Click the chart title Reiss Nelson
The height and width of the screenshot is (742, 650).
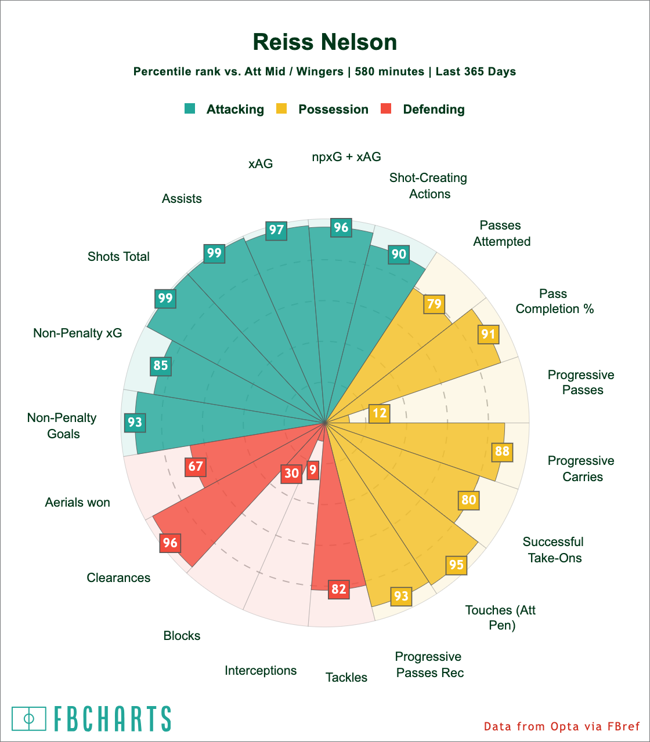[325, 43]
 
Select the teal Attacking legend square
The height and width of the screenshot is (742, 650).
[190, 108]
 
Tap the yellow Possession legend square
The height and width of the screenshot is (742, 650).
[281, 108]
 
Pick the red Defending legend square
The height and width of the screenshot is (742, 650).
[386, 108]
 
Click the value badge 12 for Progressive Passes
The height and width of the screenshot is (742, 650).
[379, 413]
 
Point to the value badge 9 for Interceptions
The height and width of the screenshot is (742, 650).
[313, 470]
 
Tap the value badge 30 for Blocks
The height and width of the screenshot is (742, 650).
[291, 473]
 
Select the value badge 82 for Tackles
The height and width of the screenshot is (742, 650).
[338, 590]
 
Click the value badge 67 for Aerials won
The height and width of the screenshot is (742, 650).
[196, 467]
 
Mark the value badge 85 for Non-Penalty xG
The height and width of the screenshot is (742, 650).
[161, 365]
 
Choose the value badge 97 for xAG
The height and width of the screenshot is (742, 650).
[276, 230]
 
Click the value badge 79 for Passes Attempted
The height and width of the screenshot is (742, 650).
[434, 304]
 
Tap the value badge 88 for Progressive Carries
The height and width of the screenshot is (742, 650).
[503, 452]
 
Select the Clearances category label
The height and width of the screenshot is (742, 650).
[118, 578]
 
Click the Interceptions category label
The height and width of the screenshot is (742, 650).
[261, 671]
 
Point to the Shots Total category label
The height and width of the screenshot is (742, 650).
[118, 257]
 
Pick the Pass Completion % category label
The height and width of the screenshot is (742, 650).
[554, 301]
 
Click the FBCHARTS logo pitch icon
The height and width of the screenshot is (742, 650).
[28, 719]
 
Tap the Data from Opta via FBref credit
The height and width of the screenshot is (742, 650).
[562, 726]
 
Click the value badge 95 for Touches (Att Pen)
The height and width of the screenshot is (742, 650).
[457, 565]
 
